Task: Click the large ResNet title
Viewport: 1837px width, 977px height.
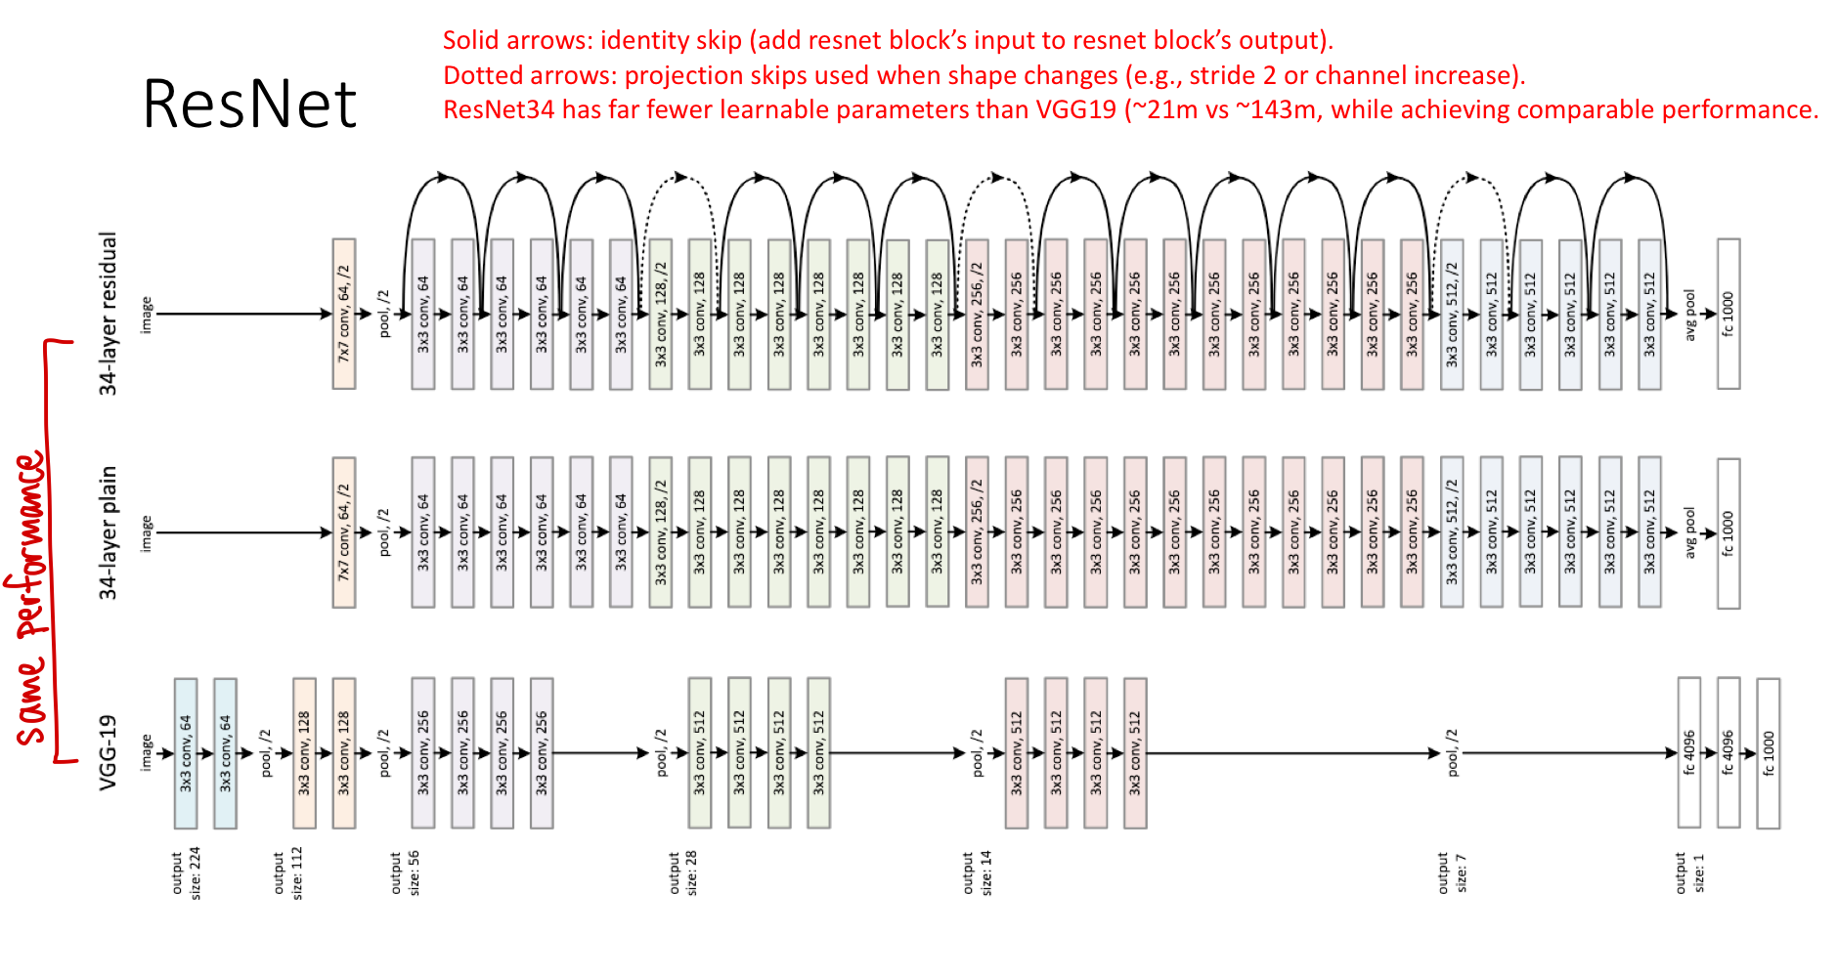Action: [x=249, y=104]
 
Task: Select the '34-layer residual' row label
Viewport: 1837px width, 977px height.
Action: [x=108, y=314]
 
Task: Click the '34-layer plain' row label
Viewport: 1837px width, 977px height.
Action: [x=108, y=532]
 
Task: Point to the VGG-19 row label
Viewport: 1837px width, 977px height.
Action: [x=108, y=752]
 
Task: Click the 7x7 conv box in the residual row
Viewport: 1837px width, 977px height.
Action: [x=344, y=314]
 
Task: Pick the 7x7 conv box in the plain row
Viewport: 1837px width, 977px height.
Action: [x=344, y=532]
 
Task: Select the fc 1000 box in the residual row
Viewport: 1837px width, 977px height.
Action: [x=1728, y=314]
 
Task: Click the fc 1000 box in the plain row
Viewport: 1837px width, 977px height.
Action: [x=1728, y=533]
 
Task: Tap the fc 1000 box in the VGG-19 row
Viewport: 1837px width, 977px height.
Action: [x=1769, y=753]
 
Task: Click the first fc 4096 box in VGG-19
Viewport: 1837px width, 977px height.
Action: [x=1689, y=752]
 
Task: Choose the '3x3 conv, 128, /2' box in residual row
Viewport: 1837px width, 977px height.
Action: [x=661, y=314]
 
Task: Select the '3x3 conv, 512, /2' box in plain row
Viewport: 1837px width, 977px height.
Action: [x=1452, y=532]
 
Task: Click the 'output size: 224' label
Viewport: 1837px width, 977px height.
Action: [x=186, y=873]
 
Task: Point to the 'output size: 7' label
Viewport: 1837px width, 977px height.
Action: [x=1452, y=872]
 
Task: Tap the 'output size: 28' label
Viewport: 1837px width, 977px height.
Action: [x=682, y=872]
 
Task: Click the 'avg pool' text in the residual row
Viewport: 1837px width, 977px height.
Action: [x=1688, y=315]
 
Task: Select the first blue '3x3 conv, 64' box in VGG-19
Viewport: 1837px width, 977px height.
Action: [x=186, y=753]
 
